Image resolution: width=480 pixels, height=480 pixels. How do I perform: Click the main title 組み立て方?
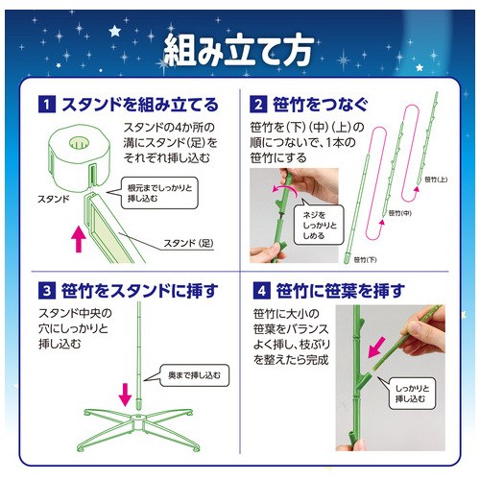(x=239, y=51)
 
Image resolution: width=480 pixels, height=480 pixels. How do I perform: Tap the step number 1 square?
(x=47, y=105)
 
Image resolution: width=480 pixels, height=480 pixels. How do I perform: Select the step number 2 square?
(x=258, y=105)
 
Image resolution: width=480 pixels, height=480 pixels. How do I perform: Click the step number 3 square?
(x=47, y=291)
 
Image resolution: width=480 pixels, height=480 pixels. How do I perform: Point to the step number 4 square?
(x=262, y=291)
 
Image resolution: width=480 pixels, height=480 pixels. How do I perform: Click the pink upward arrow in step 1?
(x=79, y=239)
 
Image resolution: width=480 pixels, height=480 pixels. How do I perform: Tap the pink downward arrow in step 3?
(x=125, y=395)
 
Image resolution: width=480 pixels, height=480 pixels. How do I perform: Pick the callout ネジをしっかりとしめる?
(x=319, y=226)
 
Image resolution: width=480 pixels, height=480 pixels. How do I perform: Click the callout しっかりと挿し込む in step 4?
(x=412, y=394)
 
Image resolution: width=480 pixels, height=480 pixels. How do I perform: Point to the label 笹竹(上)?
(x=436, y=180)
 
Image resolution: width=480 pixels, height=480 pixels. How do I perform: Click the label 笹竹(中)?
(x=399, y=213)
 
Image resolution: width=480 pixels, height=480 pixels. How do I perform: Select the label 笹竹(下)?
(x=365, y=260)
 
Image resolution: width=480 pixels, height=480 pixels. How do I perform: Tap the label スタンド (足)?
(x=188, y=243)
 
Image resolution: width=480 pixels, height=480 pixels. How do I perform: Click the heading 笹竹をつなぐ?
(x=320, y=105)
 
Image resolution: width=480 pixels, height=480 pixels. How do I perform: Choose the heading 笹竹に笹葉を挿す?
(x=341, y=291)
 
